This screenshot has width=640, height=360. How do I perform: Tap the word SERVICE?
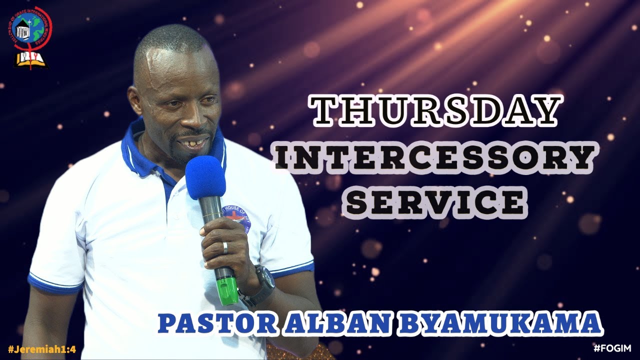pos(435,202)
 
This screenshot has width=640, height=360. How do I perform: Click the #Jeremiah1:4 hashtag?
pos(41,349)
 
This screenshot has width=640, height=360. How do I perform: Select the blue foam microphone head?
pos(205,177)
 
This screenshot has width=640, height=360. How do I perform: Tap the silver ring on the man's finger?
pos(225,247)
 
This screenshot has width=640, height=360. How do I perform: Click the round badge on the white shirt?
pos(235,217)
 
